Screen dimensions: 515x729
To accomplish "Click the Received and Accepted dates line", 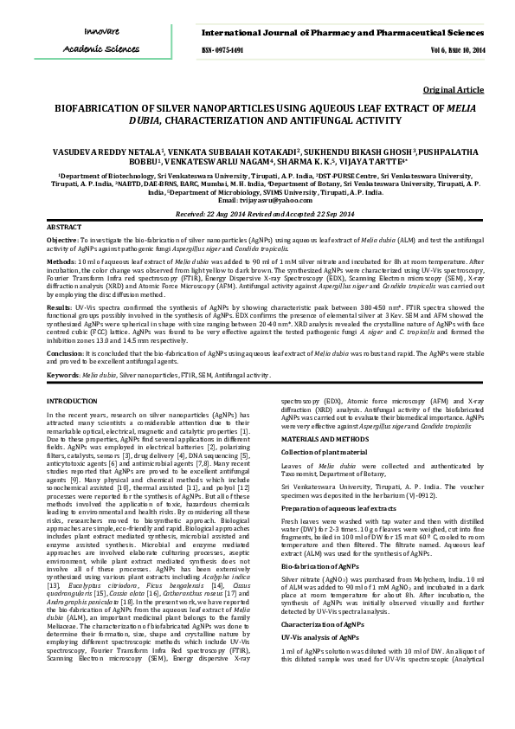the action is (257, 214).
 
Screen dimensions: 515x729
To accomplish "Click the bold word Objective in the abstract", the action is (61, 238).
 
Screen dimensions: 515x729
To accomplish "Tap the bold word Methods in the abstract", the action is (60, 259).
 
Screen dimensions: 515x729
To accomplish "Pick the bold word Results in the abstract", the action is (59, 307).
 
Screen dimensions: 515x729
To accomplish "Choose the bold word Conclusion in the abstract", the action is (65, 355).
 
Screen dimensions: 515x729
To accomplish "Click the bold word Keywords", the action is (63, 375).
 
